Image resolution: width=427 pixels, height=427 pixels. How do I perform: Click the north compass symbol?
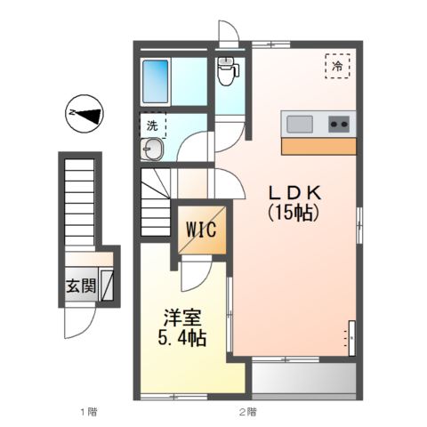pyautogui.click(x=85, y=112)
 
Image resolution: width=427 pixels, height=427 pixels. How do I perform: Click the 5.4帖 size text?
pyautogui.click(x=183, y=339)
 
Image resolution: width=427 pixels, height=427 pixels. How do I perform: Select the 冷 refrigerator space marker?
pyautogui.click(x=338, y=66)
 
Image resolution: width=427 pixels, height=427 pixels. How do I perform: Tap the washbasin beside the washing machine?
pyautogui.click(x=151, y=149)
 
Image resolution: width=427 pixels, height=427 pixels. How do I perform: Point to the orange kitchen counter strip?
pyautogui.click(x=318, y=145)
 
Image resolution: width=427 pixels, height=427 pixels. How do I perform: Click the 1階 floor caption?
pyautogui.click(x=87, y=412)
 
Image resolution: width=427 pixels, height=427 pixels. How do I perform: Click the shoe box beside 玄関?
pyautogui.click(x=107, y=286)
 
